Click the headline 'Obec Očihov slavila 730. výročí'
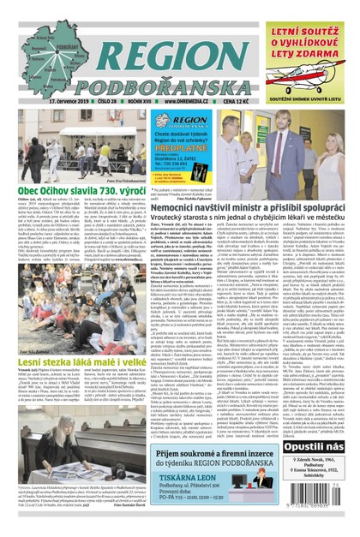(x=75, y=211)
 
